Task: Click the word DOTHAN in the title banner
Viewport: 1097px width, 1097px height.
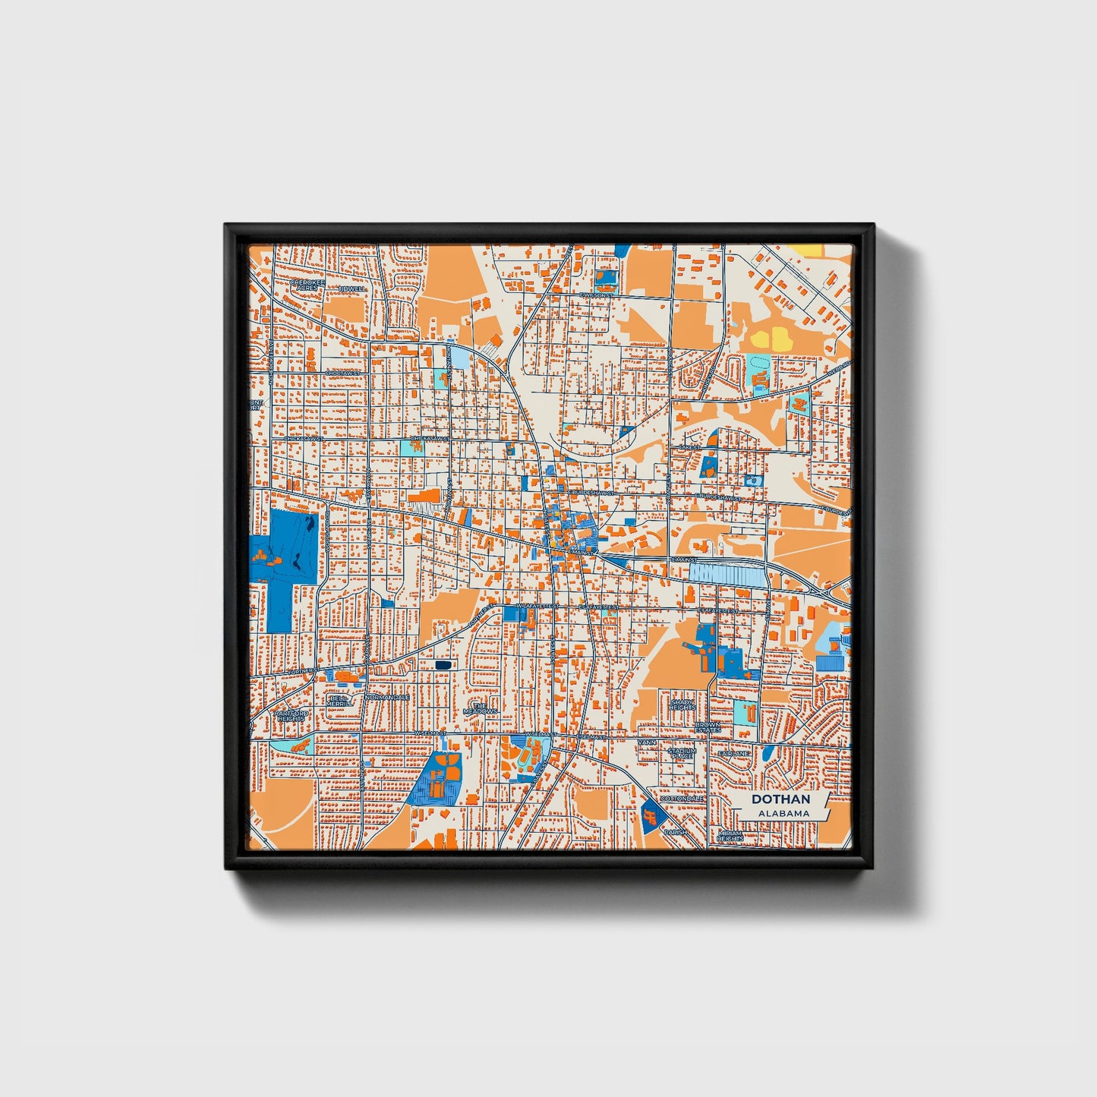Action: pos(780,799)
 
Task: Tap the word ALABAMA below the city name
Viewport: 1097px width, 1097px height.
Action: pos(783,813)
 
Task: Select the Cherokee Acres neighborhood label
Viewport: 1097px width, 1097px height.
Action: pos(307,285)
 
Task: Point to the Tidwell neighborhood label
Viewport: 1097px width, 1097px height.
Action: pos(352,289)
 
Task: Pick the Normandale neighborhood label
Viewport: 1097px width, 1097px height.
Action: pos(387,697)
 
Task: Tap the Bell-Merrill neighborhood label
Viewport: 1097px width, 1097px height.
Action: pos(339,701)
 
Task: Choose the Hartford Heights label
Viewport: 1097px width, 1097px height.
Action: pos(291,717)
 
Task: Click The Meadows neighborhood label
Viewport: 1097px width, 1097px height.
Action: pos(480,708)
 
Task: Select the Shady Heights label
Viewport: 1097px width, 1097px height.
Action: pos(682,705)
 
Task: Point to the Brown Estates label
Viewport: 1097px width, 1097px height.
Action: pos(708,727)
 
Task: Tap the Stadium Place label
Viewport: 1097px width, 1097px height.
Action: pos(681,753)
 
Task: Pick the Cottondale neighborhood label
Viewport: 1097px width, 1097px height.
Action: pos(682,799)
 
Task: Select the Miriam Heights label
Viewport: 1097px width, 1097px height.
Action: pos(731,836)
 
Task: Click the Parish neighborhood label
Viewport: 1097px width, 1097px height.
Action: pos(675,832)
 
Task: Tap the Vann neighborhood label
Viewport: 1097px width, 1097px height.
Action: pos(647,742)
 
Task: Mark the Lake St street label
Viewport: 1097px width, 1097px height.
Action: pos(689,448)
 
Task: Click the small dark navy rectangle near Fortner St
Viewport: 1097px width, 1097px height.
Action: pos(443,665)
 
